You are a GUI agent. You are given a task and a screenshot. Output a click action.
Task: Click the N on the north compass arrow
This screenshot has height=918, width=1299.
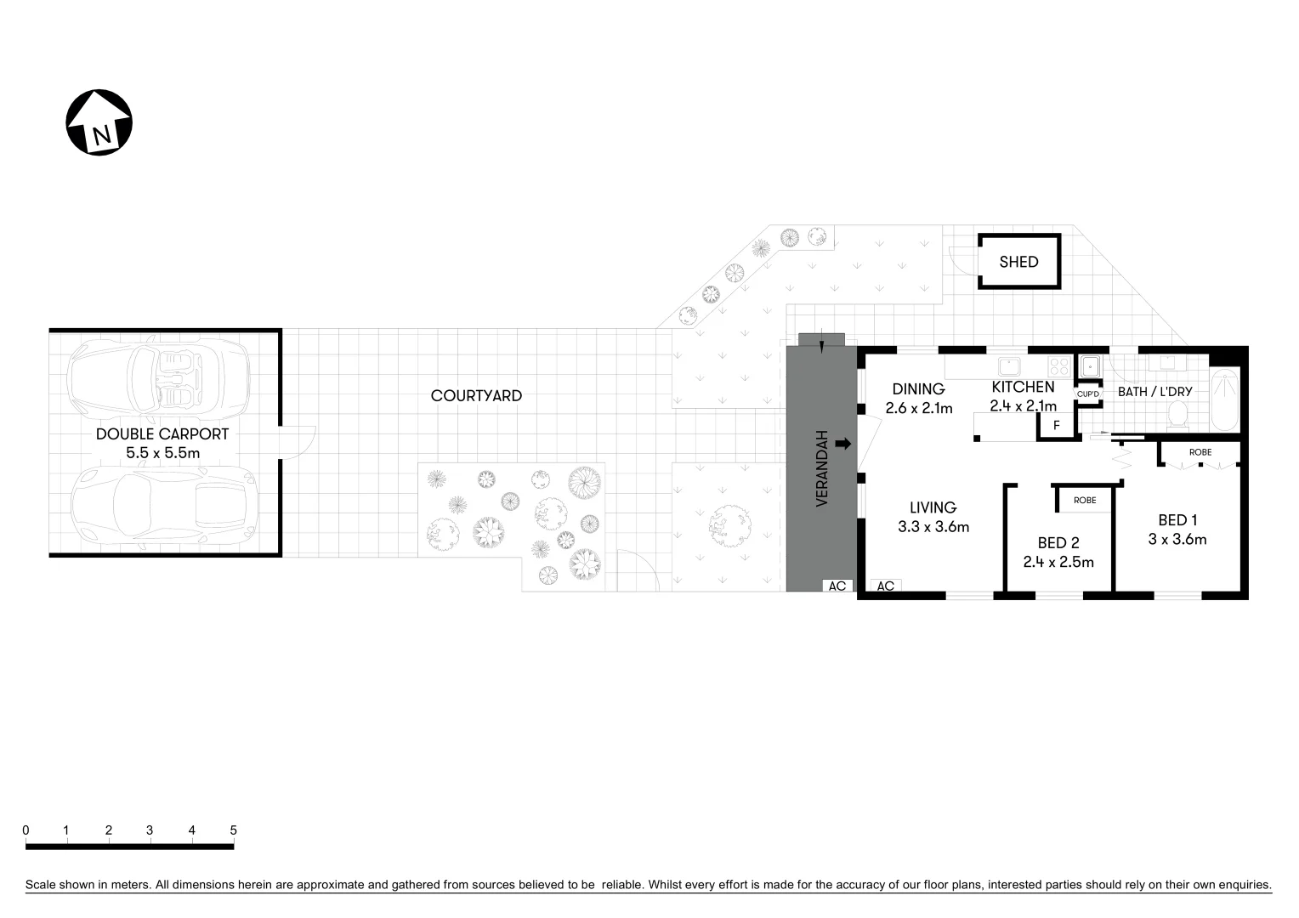(x=102, y=136)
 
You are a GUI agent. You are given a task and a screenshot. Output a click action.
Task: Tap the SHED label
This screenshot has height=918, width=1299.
(x=1018, y=262)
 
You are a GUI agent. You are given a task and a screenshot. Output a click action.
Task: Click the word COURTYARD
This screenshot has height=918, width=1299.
(x=476, y=395)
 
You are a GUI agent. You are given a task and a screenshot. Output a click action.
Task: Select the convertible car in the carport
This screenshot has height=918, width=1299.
(x=158, y=377)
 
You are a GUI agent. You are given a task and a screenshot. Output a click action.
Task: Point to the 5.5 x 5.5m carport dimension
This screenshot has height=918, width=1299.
(x=163, y=453)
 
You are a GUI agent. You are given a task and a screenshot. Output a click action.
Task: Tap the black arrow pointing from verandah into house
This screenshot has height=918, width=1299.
(x=843, y=444)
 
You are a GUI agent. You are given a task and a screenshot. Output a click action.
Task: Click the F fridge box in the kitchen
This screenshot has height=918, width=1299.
(x=1056, y=426)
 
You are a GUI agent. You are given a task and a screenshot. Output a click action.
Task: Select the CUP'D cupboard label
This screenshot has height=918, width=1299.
(x=1088, y=394)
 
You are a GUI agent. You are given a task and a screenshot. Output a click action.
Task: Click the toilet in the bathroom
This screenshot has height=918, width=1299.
(x=1178, y=414)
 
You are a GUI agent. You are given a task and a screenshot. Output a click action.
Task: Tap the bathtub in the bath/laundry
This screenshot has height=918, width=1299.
(x=1225, y=399)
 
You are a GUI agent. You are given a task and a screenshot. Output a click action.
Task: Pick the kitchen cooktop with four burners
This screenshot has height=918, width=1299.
(x=1059, y=366)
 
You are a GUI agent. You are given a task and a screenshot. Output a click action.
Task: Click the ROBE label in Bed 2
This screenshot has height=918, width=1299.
(x=1085, y=501)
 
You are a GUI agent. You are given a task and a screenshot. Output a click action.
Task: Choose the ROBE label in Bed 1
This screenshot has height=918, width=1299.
(x=1200, y=452)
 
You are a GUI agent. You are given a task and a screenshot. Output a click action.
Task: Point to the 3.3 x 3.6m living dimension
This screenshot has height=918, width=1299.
(x=933, y=527)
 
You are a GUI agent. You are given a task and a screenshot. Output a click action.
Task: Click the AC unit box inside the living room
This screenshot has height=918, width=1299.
(x=885, y=586)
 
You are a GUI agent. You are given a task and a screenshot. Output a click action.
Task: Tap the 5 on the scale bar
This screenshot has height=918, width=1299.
(x=233, y=830)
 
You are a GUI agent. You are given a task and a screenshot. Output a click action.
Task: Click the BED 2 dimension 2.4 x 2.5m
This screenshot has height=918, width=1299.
(x=1058, y=562)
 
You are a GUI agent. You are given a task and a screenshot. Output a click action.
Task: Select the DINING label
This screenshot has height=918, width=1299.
(x=918, y=389)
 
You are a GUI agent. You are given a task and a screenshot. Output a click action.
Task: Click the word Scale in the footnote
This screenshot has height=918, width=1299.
(x=41, y=885)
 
